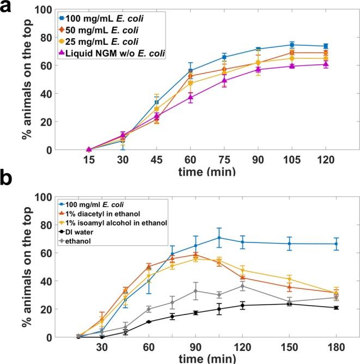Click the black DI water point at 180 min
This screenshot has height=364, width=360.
[x=336, y=308]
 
